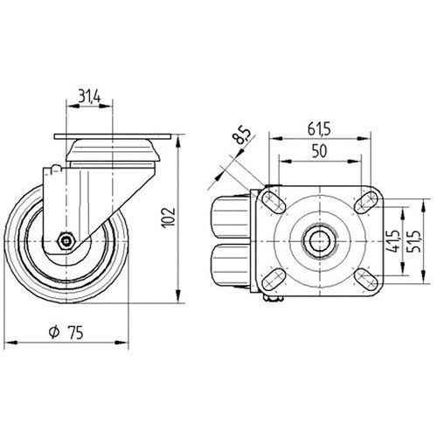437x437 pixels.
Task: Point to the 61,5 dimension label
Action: point(319,128)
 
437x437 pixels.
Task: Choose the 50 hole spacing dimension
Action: point(319,151)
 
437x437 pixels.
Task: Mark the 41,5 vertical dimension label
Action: point(394,241)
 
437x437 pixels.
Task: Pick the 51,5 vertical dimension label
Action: point(415,241)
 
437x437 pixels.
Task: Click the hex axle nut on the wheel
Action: point(66,240)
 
